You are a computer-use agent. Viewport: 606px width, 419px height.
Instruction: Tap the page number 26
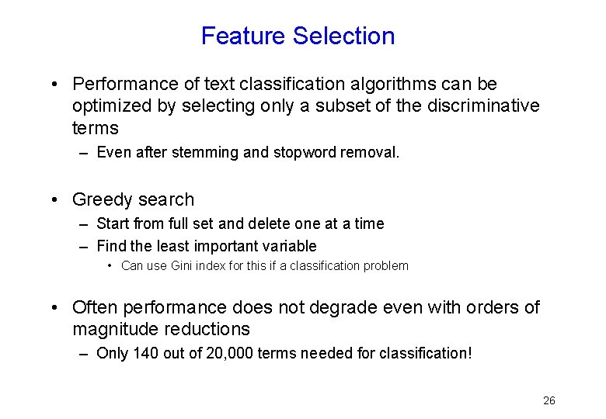coord(549,400)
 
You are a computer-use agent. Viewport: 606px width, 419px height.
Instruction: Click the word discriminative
coord(483,106)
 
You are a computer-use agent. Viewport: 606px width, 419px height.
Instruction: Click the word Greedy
coord(99,200)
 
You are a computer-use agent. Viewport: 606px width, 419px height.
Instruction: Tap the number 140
coord(146,353)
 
